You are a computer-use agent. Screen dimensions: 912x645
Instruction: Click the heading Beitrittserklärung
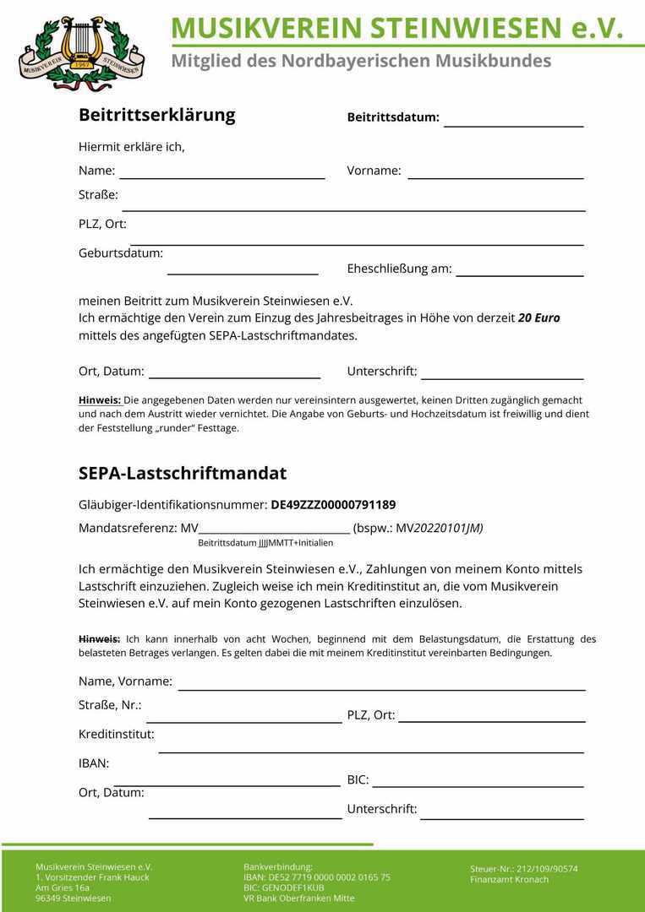[x=156, y=115]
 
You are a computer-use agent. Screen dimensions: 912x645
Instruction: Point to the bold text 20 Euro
[x=538, y=318]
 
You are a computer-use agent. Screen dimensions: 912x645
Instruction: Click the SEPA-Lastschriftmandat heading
[x=183, y=474]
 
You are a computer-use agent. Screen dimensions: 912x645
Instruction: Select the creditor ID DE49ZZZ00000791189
[x=333, y=505]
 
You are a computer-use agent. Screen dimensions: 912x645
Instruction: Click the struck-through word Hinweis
[x=99, y=639]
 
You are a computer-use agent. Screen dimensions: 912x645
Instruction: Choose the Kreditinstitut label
[x=117, y=735]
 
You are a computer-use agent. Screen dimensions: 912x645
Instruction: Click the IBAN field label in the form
[x=94, y=763]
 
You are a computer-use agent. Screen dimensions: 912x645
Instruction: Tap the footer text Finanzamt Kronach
[x=509, y=879]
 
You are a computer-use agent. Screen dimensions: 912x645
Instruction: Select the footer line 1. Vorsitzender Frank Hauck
[x=92, y=877]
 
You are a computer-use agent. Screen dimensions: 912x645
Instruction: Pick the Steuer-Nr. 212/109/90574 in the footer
[x=524, y=868]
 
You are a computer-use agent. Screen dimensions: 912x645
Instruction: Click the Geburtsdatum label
[x=121, y=253]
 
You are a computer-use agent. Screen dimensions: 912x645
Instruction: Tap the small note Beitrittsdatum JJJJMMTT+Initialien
[x=265, y=543]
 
